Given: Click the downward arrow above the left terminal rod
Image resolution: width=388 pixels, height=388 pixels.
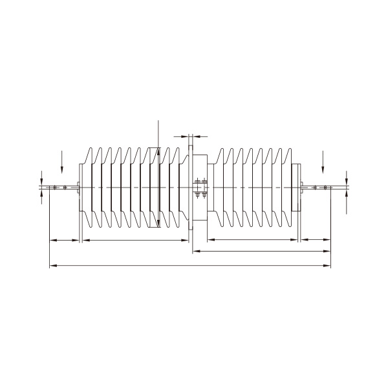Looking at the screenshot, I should tap(61, 162).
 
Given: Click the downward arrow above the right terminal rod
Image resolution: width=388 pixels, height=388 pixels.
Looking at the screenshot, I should tap(322, 162).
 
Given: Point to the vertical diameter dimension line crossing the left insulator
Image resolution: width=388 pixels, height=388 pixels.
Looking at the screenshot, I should tap(158, 175).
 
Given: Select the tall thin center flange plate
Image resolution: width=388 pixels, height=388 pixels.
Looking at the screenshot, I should tap(190, 188).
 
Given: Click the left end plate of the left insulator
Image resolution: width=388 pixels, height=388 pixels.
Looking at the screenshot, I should tap(79, 188).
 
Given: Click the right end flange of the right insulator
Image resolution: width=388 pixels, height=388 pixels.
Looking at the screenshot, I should tap(297, 188).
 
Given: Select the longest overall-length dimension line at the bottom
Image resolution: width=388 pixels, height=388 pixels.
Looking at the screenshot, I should tap(190, 265).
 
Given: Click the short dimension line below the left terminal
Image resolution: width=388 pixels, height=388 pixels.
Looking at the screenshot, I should tap(65, 240).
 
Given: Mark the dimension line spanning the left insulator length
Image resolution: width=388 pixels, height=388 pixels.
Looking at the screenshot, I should tap(135, 240).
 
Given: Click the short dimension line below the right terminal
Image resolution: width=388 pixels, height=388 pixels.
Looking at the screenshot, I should tap(315, 240).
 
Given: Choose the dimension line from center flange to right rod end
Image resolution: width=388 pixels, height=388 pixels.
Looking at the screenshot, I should tap(262, 250).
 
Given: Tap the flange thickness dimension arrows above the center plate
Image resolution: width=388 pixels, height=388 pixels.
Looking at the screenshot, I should tap(191, 136).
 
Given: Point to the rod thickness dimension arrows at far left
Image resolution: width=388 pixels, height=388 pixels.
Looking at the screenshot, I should tap(42, 188).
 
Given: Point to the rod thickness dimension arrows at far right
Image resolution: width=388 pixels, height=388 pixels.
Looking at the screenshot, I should tap(347, 188).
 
